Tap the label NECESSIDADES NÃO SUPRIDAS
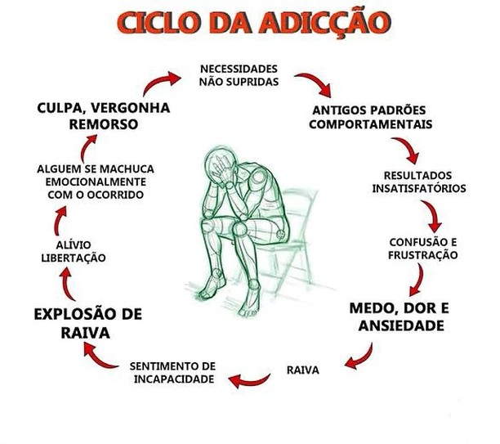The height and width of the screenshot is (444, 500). [x=239, y=75]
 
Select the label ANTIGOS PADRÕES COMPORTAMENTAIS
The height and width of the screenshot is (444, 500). [x=370, y=117]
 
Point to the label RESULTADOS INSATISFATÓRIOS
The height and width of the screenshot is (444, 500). [x=419, y=182]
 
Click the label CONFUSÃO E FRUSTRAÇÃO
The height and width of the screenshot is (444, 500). [x=423, y=249]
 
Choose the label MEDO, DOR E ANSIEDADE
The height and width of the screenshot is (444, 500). [x=400, y=317]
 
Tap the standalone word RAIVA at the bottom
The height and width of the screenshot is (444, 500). [x=302, y=370]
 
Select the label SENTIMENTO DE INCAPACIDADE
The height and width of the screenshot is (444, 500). [x=173, y=373]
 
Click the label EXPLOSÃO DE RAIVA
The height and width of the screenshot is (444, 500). [x=87, y=323]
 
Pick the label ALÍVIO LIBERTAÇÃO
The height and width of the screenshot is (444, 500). [x=74, y=251]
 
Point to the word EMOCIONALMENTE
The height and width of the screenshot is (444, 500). [x=96, y=182]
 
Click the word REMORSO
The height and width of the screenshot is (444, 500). [x=104, y=124]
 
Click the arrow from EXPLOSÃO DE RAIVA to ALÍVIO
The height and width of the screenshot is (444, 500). [x=68, y=284]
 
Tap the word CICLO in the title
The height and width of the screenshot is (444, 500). [x=160, y=23]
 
